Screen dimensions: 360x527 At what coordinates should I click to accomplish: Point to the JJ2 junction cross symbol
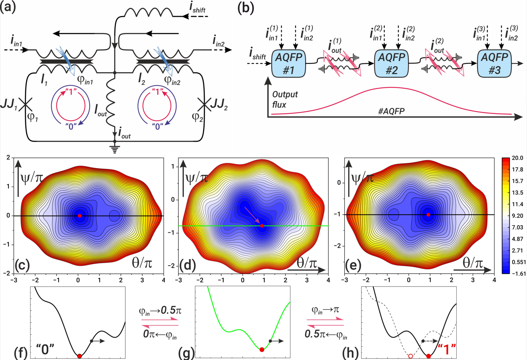click(x=204, y=106)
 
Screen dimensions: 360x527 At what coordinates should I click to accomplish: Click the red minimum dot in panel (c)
click(x=80, y=216)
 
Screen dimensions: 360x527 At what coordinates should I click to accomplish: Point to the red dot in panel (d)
click(x=262, y=226)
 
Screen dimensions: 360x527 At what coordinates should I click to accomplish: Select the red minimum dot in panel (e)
click(x=428, y=215)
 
